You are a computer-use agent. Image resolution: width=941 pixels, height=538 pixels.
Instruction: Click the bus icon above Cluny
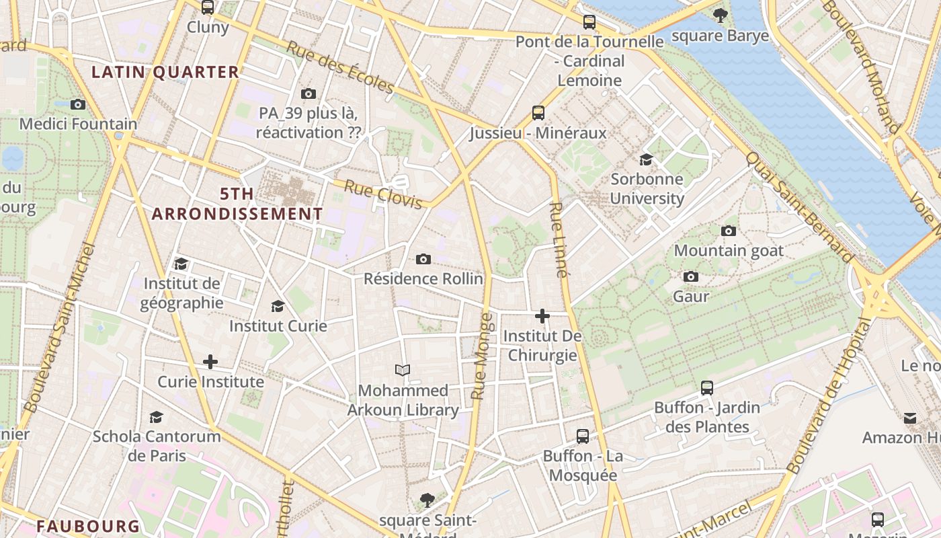[208, 7]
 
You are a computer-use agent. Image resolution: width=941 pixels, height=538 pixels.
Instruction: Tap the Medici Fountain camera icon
[78, 104]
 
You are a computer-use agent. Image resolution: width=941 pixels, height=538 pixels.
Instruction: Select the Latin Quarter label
[165, 72]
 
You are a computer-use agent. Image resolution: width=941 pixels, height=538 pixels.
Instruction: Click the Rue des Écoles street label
[340, 68]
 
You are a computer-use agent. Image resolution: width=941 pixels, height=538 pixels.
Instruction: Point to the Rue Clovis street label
[383, 194]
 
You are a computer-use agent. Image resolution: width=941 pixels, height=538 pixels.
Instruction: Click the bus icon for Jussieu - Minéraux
[538, 112]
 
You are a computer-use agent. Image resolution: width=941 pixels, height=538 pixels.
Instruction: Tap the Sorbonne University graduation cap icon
[646, 159]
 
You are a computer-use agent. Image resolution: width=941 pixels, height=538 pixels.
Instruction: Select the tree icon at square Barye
[720, 15]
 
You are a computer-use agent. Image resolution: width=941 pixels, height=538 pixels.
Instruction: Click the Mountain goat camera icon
[728, 231]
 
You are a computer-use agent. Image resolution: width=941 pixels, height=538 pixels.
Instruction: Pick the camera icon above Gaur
[690, 277]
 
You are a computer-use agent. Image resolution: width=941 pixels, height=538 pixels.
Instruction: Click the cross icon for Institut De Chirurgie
[542, 315]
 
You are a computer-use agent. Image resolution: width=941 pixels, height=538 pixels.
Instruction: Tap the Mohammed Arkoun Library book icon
[403, 370]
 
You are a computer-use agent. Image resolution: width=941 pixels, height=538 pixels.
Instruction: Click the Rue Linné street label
[559, 239]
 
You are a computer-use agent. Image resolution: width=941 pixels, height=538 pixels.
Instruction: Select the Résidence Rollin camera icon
[423, 259]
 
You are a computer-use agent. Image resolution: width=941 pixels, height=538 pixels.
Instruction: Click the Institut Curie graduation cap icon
[278, 307]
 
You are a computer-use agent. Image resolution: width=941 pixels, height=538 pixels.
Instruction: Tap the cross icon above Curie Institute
[210, 362]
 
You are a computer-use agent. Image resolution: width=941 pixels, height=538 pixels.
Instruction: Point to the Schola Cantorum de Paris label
[157, 445]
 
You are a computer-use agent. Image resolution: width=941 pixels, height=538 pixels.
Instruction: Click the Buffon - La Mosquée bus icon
[583, 436]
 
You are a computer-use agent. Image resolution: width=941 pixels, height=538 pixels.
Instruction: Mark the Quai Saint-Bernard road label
[800, 207]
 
